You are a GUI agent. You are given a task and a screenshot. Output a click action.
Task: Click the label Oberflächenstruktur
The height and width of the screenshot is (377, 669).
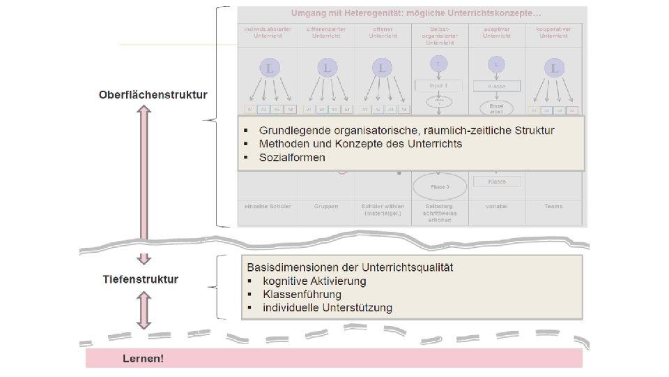tap(153, 95)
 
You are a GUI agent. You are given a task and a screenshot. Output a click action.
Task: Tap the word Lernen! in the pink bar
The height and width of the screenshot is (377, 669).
tap(143, 359)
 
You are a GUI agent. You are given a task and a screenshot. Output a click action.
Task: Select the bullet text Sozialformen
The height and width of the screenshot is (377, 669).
tap(292, 158)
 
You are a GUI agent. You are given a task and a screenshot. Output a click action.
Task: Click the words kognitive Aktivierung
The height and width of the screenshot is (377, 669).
tap(314, 281)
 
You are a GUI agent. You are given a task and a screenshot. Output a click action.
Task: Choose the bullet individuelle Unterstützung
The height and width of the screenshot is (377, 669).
tap(328, 308)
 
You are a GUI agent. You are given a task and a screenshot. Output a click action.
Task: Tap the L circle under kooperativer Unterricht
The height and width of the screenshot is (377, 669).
tap(554, 68)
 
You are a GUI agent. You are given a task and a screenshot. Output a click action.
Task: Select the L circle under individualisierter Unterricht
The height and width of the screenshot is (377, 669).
tap(270, 68)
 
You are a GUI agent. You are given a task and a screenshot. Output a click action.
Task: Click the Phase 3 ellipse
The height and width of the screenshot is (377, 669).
tap(439, 187)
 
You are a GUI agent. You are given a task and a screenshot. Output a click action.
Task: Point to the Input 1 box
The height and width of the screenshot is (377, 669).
tap(439, 86)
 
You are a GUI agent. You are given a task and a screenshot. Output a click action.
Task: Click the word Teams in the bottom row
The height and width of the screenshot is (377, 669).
tap(554, 207)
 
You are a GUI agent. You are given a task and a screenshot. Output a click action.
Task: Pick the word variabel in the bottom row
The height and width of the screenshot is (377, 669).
tap(497, 207)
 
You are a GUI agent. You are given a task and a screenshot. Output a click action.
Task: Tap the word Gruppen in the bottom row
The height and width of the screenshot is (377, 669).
tap(326, 207)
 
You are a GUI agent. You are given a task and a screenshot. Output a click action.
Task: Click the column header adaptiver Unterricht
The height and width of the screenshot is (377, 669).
tap(497, 31)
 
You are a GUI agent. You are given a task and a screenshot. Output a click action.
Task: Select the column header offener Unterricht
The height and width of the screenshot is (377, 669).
tap(382, 31)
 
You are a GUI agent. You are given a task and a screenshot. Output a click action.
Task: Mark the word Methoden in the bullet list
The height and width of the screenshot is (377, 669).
tap(282, 144)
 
